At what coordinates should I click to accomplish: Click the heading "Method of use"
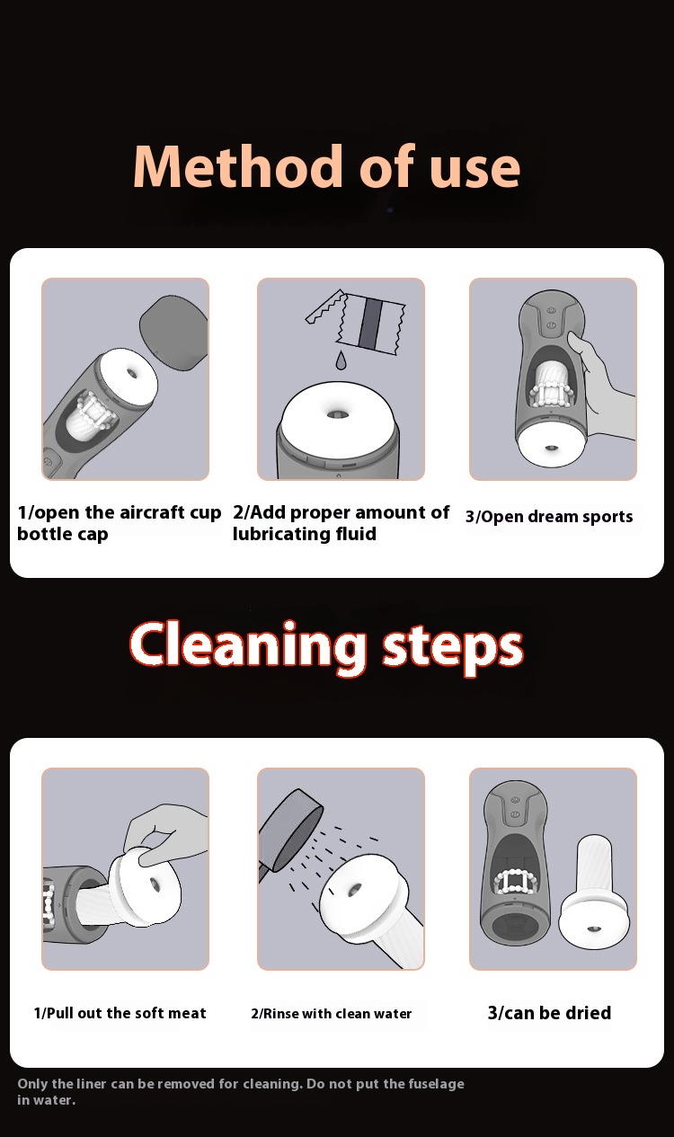327,166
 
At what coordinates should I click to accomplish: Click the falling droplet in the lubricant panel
341,360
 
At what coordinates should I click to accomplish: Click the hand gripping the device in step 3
603,385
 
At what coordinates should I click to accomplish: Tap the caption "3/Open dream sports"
549,517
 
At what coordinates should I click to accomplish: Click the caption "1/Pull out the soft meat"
120,1013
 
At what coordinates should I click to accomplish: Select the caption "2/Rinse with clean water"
331,1014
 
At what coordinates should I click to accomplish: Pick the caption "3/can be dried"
549,1013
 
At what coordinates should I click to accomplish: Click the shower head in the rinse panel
290,829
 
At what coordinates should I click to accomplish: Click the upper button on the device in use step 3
552,310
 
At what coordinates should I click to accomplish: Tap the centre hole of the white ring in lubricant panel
335,414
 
